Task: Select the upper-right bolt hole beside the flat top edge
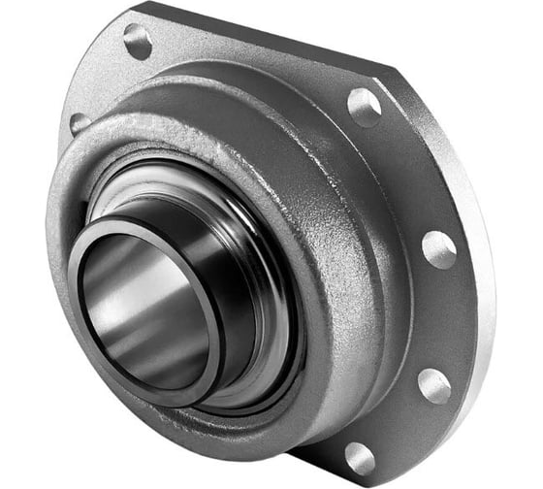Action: pos(364,104)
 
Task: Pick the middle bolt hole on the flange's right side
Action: pos(438,249)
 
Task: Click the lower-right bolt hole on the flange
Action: pos(433,385)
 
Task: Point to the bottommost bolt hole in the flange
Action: pos(360,456)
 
